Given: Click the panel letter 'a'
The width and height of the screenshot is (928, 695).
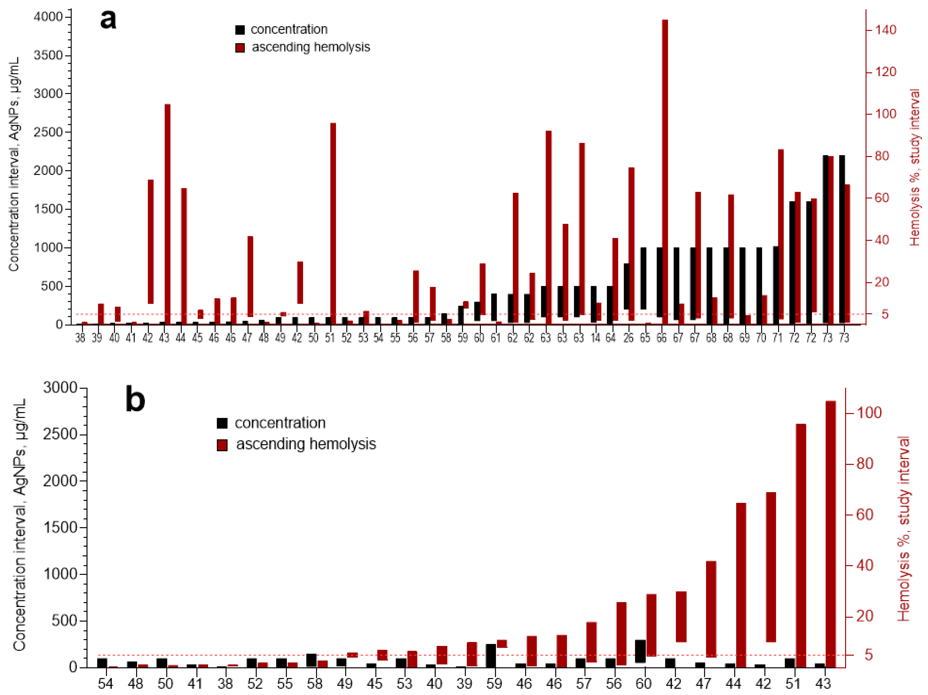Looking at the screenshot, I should click(108, 20).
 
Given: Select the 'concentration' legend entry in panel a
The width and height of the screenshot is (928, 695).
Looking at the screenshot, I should click(289, 29).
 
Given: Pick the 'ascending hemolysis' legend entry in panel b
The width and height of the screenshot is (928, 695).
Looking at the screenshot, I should click(305, 444).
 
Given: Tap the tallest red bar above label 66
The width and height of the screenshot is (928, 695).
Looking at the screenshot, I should click(665, 168).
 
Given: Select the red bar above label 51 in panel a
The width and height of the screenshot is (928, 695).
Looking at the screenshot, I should click(333, 222).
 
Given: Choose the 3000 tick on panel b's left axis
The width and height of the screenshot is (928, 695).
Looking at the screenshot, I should click(60, 387).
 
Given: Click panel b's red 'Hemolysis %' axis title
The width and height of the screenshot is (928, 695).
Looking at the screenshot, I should click(903, 529).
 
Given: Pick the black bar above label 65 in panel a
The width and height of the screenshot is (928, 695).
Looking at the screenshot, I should click(643, 278).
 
